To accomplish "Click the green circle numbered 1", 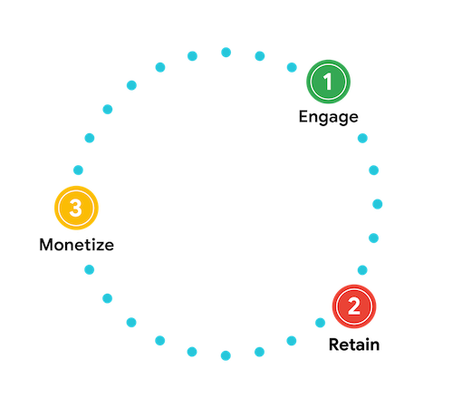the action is pyautogui.click(x=328, y=82).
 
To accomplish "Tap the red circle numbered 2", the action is pyautogui.click(x=354, y=306).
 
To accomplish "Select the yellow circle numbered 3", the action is pyautogui.click(x=76, y=208).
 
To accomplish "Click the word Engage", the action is pyautogui.click(x=329, y=117).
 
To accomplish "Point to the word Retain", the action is pyautogui.click(x=354, y=345).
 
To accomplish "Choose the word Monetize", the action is pyautogui.click(x=77, y=245).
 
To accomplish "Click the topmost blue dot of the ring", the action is pyautogui.click(x=226, y=53).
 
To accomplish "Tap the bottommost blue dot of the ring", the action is pyautogui.click(x=226, y=355).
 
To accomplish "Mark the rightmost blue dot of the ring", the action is pyautogui.click(x=378, y=204).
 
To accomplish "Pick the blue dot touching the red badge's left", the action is pyautogui.click(x=320, y=323).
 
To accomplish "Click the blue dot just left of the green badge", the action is pyautogui.click(x=292, y=67).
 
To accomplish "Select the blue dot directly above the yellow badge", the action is pyautogui.click(x=78, y=170).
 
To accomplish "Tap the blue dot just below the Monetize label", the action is pyautogui.click(x=89, y=269).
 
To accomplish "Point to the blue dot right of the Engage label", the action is pyautogui.click(x=362, y=138).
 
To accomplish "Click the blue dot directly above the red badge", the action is pyautogui.click(x=362, y=270).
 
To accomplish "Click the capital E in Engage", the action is pyautogui.click(x=303, y=116).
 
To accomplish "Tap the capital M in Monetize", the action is pyautogui.click(x=46, y=245).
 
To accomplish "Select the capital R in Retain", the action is pyautogui.click(x=333, y=345).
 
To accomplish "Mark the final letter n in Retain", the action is pyautogui.click(x=375, y=346).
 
